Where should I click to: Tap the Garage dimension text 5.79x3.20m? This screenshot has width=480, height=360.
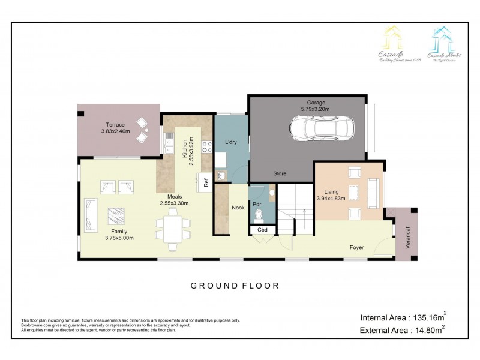coord(315,109)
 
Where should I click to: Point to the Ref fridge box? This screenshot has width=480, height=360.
coord(205,183)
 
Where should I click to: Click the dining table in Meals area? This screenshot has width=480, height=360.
coord(173,230)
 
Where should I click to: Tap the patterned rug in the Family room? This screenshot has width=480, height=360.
coord(116,215)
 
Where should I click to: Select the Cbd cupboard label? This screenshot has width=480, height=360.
coord(262,230)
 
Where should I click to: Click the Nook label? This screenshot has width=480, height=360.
coord(238,209)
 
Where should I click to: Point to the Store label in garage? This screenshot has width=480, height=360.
coord(280,173)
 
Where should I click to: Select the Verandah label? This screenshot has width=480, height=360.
coord(407,236)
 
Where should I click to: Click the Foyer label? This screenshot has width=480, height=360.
coord(358,247)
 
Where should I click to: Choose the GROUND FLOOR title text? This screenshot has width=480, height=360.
coord(235,286)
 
